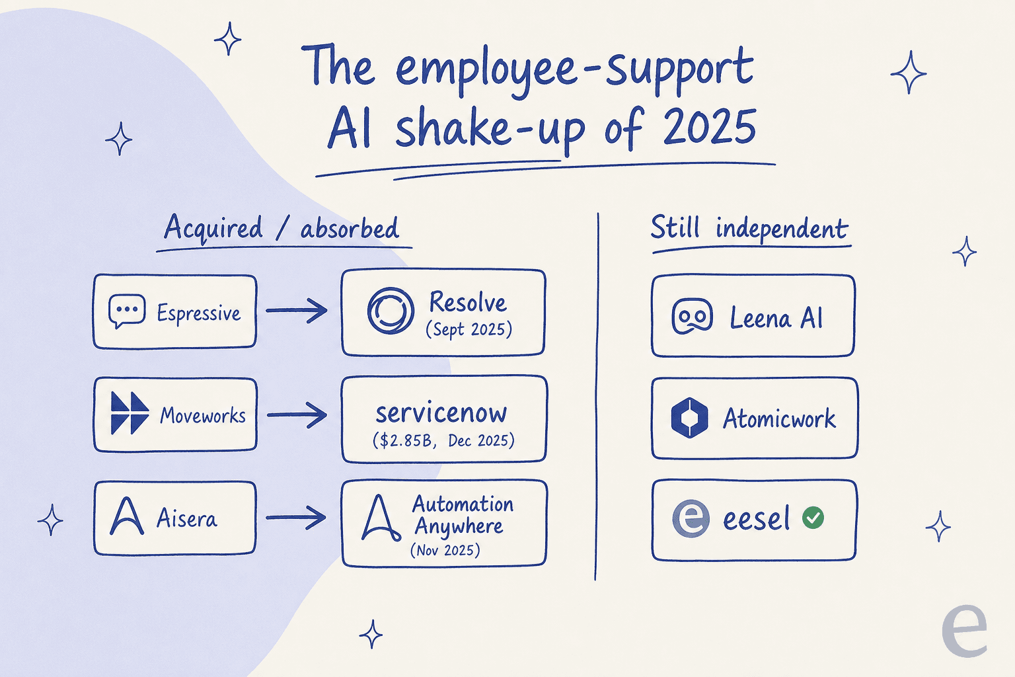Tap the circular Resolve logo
click(391, 311)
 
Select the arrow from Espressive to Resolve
click(296, 310)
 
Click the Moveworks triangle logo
click(130, 413)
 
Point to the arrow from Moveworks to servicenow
click(297, 415)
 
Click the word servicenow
click(441, 413)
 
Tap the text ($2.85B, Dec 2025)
click(443, 440)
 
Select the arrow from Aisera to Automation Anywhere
click(296, 518)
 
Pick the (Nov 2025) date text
click(445, 550)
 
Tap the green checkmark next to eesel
click(813, 518)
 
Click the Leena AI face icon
click(692, 316)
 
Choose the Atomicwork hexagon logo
click(689, 418)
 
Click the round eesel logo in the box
click(691, 519)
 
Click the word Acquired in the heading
click(213, 227)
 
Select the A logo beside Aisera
click(127, 516)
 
